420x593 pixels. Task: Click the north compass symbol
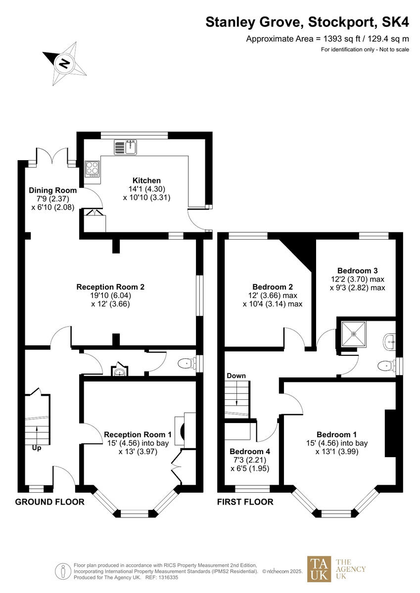coord(63,63)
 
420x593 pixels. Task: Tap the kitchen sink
coord(126,147)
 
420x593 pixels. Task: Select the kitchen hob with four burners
coord(92,169)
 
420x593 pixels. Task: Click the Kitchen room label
coord(146,180)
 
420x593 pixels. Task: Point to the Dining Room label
coord(52,190)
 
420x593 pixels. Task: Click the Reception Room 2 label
coord(110,287)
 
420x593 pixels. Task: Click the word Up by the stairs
coord(37,448)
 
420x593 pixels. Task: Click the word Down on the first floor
coord(236,376)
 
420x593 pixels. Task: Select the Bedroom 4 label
coord(250,452)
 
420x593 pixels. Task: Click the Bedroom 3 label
coord(357,271)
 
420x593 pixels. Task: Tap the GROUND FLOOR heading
coord(49,502)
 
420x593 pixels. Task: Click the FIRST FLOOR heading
coord(245,502)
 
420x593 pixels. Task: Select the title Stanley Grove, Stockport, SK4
coord(307,22)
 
